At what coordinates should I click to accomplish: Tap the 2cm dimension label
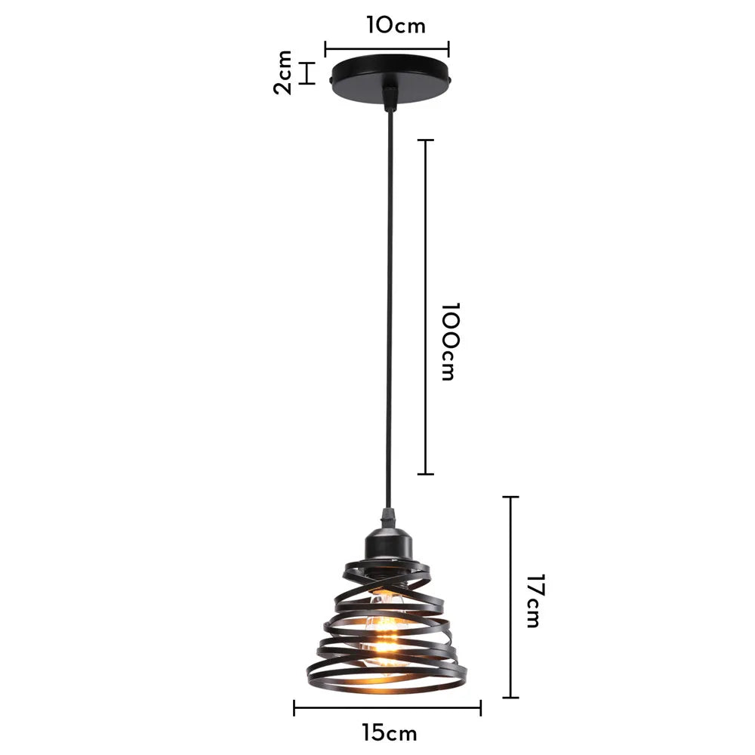(283, 72)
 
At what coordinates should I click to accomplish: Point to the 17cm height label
(533, 601)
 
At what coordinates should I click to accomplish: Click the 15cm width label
(389, 732)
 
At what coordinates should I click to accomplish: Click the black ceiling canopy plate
(390, 75)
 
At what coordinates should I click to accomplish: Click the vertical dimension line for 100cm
(426, 307)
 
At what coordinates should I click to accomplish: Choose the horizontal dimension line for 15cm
(387, 707)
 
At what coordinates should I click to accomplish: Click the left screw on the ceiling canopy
(332, 78)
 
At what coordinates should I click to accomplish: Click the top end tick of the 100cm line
(426, 140)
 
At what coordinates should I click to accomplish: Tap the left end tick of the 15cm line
(294, 707)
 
